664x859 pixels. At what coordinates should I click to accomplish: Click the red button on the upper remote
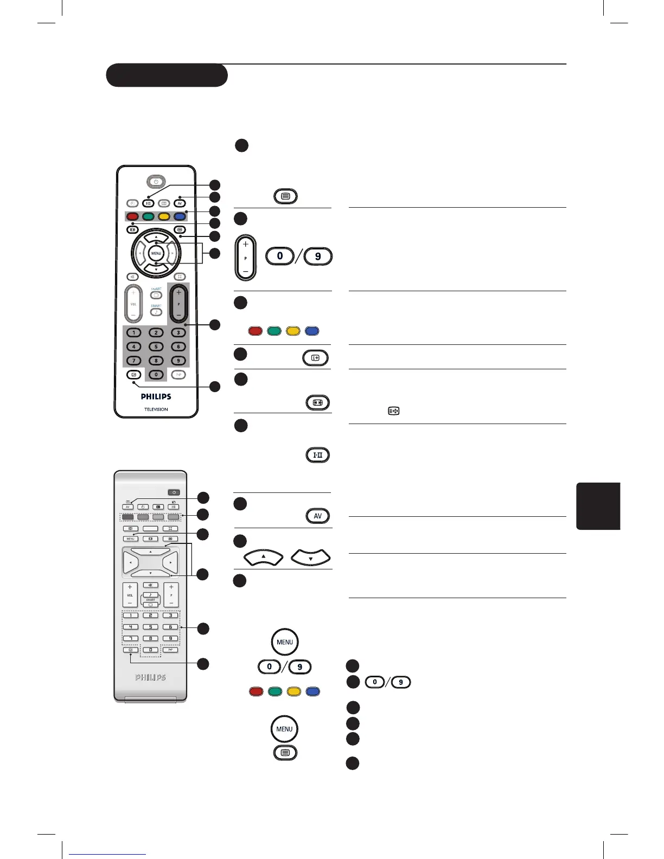click(132, 217)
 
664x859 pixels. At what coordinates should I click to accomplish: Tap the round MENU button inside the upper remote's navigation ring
click(156, 253)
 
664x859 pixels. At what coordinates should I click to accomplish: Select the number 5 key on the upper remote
click(156, 347)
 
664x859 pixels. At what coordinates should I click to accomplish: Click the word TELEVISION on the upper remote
click(156, 409)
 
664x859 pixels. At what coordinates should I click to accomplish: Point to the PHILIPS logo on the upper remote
click(156, 396)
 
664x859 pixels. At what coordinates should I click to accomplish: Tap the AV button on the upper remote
click(180, 203)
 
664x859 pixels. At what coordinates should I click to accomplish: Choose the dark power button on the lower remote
click(174, 492)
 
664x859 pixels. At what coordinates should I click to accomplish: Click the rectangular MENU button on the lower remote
click(130, 539)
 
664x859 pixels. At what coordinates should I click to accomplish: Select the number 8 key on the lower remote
click(150, 638)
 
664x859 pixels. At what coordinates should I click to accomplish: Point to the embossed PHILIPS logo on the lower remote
click(150, 677)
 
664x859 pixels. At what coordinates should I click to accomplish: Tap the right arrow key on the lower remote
click(170, 562)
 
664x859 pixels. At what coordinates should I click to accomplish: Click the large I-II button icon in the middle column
click(317, 455)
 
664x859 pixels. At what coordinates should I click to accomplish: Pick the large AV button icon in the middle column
click(317, 516)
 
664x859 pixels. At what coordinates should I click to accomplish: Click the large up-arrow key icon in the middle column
click(264, 557)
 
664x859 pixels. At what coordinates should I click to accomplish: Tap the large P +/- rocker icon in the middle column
click(245, 258)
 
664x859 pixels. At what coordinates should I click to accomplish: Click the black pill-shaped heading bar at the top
click(167, 75)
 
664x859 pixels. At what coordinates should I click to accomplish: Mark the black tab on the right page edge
click(598, 505)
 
